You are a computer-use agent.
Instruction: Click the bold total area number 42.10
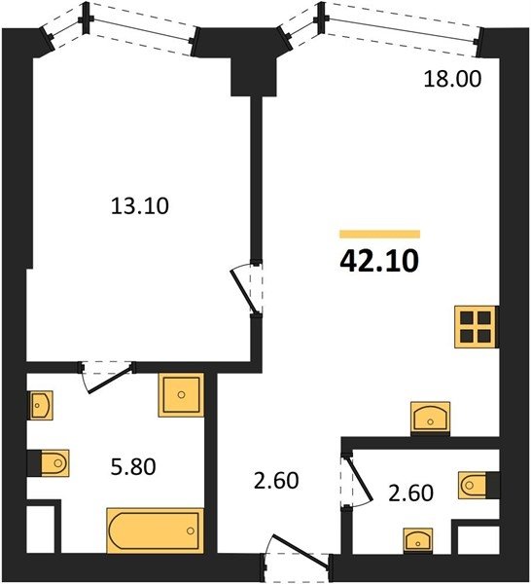(x=379, y=261)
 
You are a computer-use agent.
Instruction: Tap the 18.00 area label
(x=452, y=79)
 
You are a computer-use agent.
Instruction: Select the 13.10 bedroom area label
(x=140, y=206)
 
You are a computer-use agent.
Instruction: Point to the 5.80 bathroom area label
(x=133, y=466)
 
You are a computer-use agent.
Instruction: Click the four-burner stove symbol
(x=476, y=327)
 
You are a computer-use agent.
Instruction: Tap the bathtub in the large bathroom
(x=156, y=530)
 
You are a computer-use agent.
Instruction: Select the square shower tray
(x=181, y=395)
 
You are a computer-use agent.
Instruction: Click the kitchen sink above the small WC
(x=430, y=419)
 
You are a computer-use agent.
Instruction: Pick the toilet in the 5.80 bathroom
(x=54, y=463)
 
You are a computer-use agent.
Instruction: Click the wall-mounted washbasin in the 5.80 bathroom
(x=41, y=405)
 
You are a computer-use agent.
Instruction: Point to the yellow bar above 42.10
(x=379, y=234)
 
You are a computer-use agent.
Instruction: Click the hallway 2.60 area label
(x=276, y=481)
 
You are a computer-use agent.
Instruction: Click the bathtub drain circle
(x=191, y=530)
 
